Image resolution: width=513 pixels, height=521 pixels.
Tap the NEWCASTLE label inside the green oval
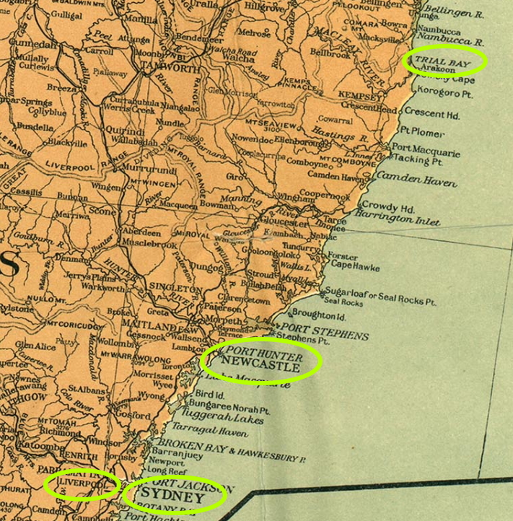tap(261, 367)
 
